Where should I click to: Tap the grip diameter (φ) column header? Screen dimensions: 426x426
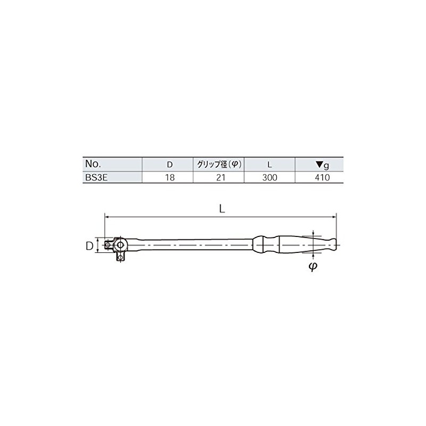[218, 165]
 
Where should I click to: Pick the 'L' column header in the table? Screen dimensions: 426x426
[269, 165]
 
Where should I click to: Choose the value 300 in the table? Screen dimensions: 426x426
[269, 177]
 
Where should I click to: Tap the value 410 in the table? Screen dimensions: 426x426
[320, 177]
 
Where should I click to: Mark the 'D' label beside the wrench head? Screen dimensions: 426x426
[90, 245]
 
